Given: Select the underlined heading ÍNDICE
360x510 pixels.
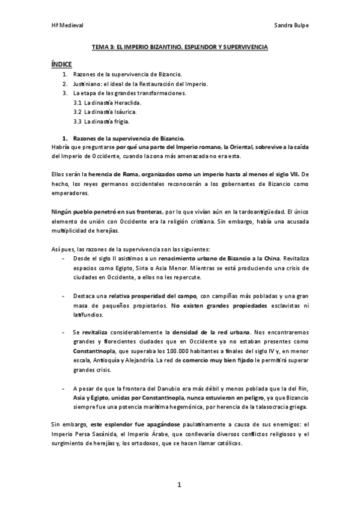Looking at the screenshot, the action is tap(62, 63).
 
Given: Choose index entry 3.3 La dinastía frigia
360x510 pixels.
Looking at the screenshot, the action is tap(101, 121).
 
